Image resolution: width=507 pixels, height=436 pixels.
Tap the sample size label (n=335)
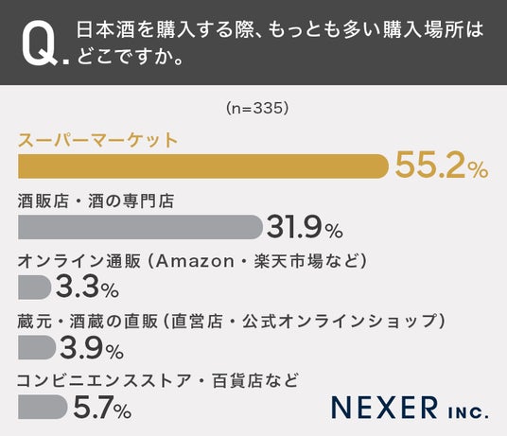257,108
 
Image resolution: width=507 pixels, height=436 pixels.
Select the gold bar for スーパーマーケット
203,166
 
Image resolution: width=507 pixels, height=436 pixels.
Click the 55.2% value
442,166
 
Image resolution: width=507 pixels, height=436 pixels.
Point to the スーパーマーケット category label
97,140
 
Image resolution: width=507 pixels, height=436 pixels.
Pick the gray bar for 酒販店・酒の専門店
140,227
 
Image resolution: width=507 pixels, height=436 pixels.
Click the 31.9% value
305,227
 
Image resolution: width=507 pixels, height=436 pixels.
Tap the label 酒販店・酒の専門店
96,201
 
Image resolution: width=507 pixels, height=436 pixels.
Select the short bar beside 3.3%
35,288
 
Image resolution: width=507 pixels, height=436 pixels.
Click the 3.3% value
87,288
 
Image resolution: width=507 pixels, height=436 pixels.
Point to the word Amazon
195,261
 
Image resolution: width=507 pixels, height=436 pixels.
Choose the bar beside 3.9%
37,347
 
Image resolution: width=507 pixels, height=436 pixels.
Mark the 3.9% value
92,347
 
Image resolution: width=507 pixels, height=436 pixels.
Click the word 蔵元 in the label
35,322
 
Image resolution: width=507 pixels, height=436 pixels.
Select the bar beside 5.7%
43,407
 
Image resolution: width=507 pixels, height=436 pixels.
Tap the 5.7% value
102,407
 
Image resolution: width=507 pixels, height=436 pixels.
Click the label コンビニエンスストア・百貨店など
157,381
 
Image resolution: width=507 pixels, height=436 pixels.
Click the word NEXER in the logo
384,408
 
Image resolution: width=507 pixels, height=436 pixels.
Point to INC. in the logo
468,412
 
